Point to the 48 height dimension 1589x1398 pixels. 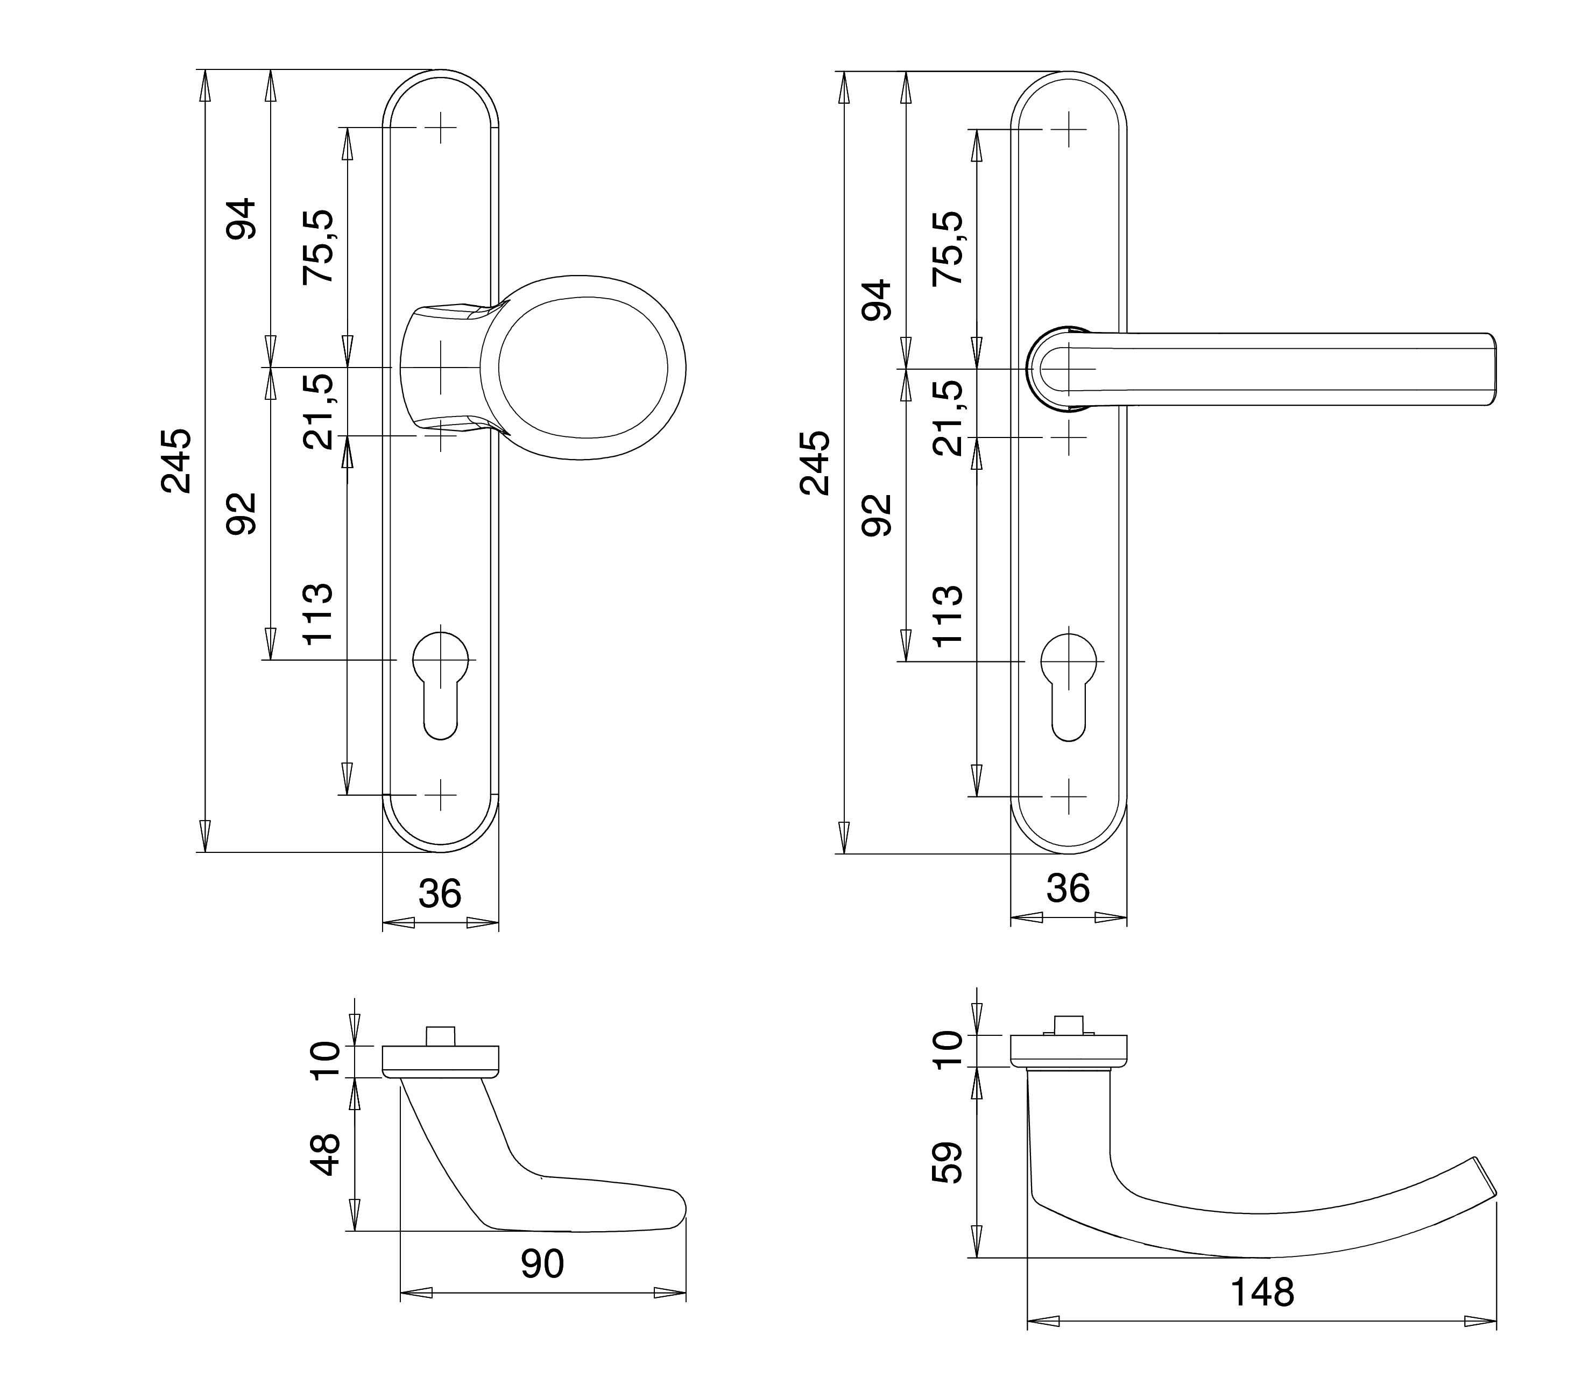325,1155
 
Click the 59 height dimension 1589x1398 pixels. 948,1163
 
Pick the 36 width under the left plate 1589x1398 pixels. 440,894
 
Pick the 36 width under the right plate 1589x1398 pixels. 1068,888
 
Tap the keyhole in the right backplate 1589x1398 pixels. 1068,684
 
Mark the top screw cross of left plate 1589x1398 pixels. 440,128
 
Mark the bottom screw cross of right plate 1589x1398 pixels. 1068,796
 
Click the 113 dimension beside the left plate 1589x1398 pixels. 318,615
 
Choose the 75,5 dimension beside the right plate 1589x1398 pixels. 948,247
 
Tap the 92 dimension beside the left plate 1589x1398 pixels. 241,513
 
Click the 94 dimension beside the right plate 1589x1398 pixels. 879,300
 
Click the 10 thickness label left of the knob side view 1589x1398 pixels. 325,1061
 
